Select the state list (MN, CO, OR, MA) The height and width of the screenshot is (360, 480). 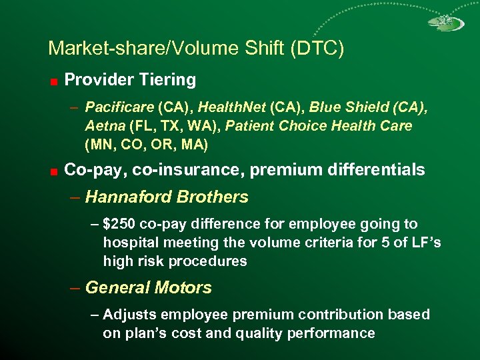147,144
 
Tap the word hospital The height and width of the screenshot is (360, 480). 129,243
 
